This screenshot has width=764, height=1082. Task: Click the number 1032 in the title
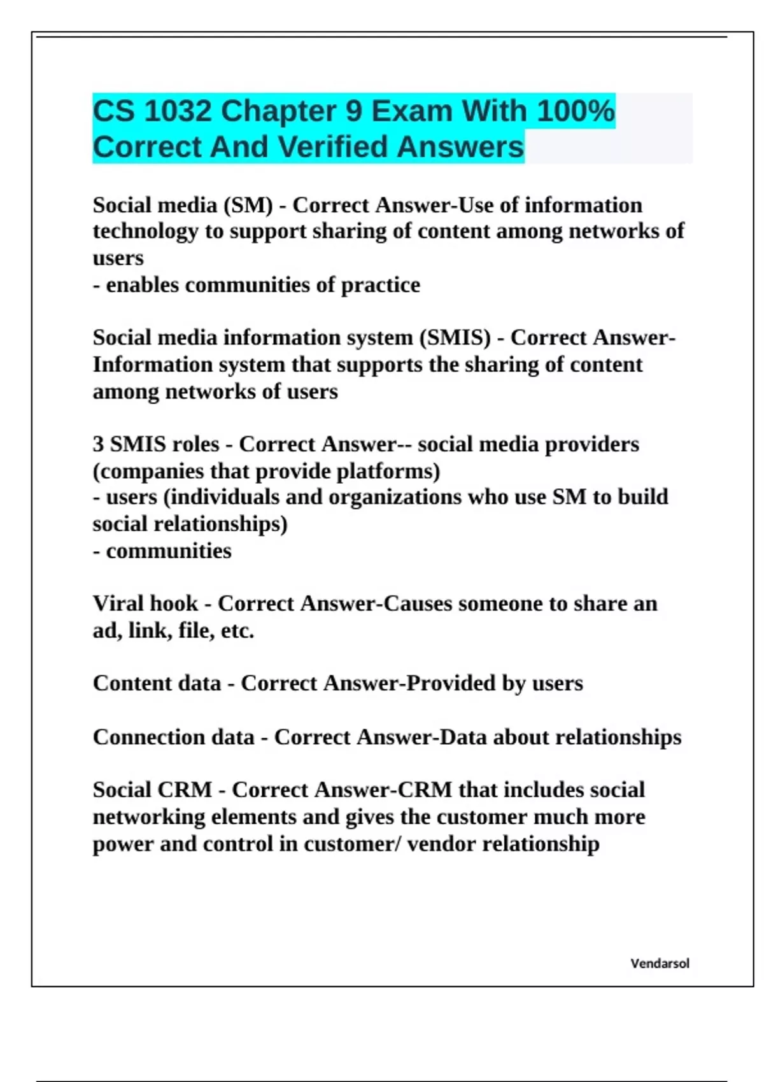click(177, 111)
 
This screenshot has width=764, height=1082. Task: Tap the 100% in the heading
click(576, 111)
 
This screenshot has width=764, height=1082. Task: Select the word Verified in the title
click(333, 147)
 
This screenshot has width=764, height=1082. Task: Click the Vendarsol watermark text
click(660, 964)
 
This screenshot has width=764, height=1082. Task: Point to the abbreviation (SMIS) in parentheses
click(455, 337)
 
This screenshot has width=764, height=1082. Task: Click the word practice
click(381, 285)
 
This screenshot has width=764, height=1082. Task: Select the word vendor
click(442, 844)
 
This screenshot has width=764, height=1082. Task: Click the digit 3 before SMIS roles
click(98, 444)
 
